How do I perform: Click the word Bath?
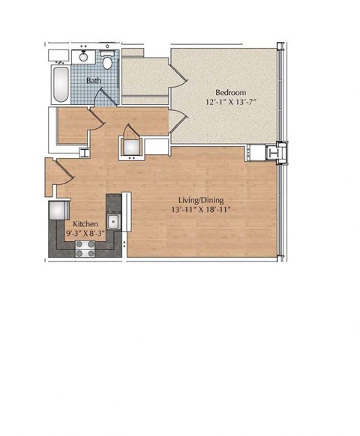(94, 79)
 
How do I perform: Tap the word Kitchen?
(84, 223)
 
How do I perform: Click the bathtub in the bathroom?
(60, 83)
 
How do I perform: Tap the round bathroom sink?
(84, 57)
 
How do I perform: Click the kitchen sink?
(113, 221)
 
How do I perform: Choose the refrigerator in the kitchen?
(58, 211)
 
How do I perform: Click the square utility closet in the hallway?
(131, 146)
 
